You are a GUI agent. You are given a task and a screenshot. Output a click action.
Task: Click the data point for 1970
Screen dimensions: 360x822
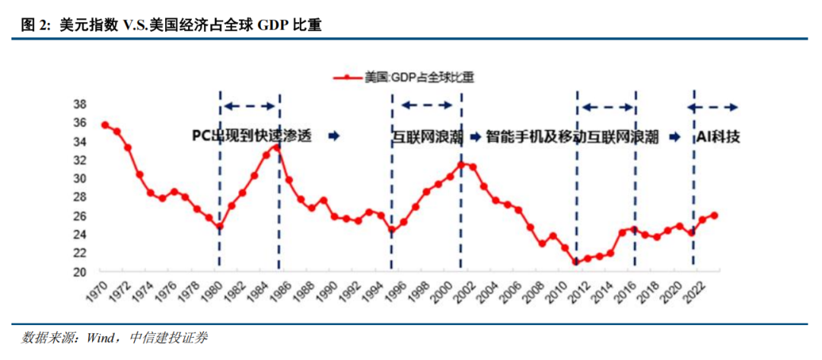click(105, 126)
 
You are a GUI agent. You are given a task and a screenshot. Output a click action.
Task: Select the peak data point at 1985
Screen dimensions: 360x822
click(278, 147)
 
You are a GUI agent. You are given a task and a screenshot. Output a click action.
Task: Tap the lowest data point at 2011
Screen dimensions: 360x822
click(576, 262)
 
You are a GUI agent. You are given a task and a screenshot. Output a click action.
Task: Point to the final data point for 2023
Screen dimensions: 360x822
click(714, 215)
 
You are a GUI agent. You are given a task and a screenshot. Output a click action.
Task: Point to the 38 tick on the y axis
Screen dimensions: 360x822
click(79, 104)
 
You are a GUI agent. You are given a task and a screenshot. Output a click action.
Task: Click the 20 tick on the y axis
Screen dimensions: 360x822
click(79, 272)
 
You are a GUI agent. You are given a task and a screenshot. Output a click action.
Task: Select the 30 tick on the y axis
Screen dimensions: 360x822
click(79, 179)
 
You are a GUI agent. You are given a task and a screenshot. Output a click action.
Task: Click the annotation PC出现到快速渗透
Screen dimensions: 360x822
click(252, 136)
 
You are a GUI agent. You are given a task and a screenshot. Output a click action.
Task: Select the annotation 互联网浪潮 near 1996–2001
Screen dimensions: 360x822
click(425, 138)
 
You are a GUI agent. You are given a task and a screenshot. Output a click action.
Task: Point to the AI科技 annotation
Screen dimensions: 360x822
click(718, 137)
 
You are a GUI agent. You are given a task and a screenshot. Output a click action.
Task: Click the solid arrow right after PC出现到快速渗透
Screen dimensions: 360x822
click(333, 136)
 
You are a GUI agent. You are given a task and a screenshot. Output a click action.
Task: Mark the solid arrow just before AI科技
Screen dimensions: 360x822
click(674, 137)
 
